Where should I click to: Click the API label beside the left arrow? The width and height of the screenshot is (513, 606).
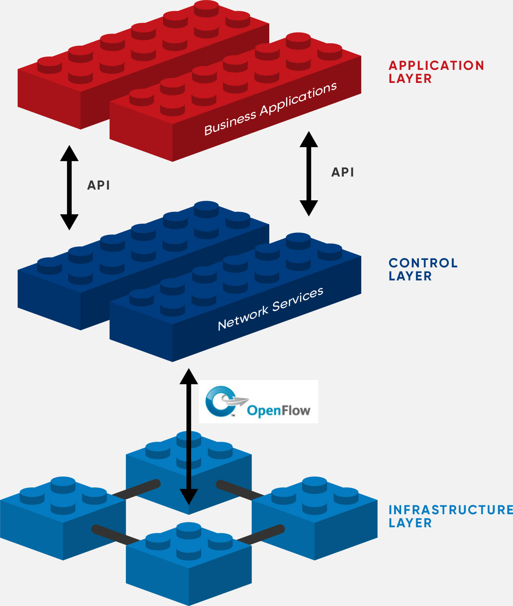[99, 185]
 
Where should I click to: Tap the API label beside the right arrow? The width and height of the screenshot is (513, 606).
[342, 172]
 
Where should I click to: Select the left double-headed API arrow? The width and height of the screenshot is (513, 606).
[69, 188]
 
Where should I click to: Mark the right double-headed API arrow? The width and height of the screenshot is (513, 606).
[308, 174]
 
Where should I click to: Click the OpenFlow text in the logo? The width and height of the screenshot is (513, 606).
[279, 410]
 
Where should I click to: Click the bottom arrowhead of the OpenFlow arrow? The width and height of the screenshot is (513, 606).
[189, 497]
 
